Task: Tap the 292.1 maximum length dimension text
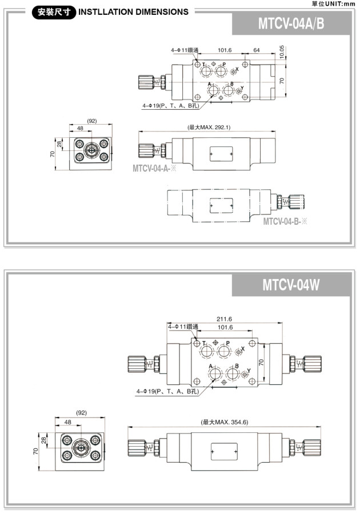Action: point(208,127)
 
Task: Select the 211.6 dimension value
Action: point(225,319)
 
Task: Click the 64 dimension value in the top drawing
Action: point(257,51)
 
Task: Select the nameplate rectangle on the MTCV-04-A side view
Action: point(220,153)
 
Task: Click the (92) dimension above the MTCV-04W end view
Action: point(81,412)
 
